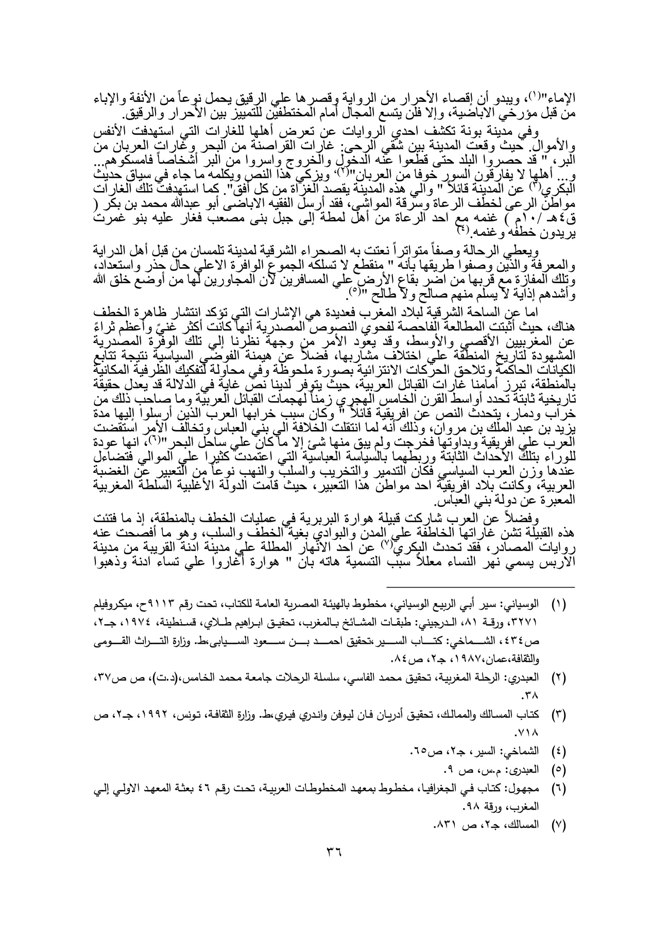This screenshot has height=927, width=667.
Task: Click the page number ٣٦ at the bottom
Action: (335, 865)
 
